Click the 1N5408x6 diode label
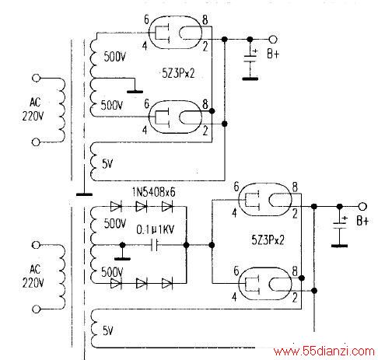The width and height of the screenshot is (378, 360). click(153, 192)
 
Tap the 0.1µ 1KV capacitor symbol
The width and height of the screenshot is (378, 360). click(154, 245)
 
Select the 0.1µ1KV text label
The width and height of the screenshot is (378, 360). click(156, 229)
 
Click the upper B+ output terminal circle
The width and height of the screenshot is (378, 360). click(273, 40)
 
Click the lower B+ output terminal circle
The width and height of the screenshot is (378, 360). click(362, 207)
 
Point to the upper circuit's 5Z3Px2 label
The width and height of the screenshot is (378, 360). click(178, 73)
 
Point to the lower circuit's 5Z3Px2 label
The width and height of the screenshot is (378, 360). click(268, 240)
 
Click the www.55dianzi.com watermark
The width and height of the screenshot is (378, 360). click(324, 351)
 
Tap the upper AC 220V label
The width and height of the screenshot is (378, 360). click(33, 109)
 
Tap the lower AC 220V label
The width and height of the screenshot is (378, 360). click(33, 276)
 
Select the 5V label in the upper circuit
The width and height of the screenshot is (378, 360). click(107, 163)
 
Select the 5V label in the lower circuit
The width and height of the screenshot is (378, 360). click(108, 330)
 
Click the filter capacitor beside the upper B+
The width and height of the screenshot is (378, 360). click(250, 58)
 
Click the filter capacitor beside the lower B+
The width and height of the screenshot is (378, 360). click(339, 225)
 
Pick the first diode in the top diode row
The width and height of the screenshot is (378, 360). click(116, 207)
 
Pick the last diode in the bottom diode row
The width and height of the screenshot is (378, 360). click(167, 283)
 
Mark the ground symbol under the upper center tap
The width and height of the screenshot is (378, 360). click(135, 92)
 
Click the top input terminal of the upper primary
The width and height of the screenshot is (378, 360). click(36, 78)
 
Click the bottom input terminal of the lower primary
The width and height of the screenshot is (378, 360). click(36, 309)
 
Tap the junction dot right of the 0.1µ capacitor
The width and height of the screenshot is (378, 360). click(186, 245)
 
